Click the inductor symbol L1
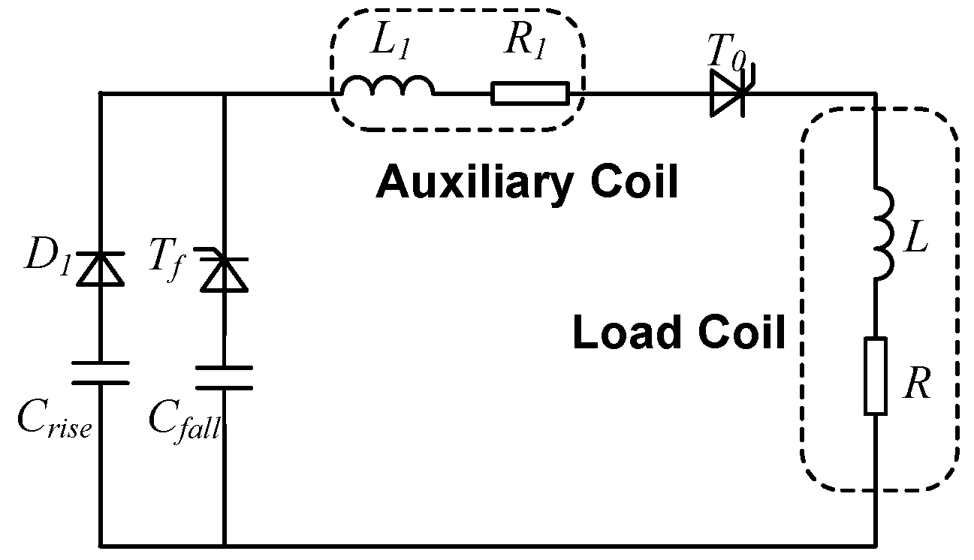point(387,87)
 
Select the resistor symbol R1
point(530,95)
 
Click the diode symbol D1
point(101,269)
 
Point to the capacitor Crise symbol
point(101,372)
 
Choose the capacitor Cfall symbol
point(224,378)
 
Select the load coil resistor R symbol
point(876,375)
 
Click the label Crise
point(54,420)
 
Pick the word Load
point(618,332)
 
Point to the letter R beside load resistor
point(917,385)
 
